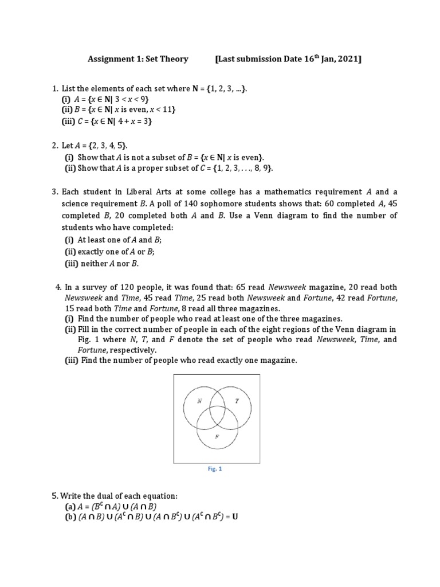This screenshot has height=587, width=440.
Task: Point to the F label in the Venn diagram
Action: [217, 437]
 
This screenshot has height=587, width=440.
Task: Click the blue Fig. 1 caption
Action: [215, 469]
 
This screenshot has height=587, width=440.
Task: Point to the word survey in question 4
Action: [91, 287]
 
